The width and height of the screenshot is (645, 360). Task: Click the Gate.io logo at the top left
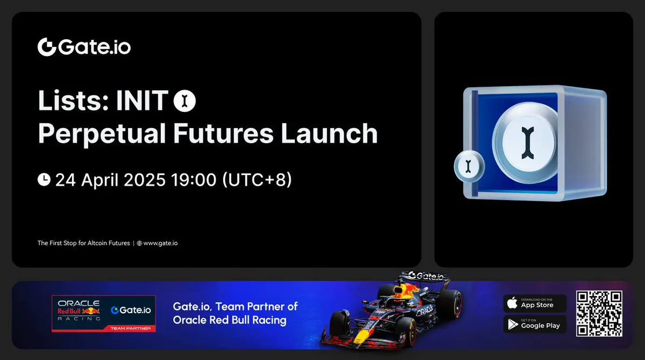(x=84, y=47)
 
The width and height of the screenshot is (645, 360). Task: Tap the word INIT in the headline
(x=143, y=101)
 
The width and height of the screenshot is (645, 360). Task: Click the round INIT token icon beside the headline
(x=185, y=101)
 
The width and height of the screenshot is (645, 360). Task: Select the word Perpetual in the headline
(x=102, y=134)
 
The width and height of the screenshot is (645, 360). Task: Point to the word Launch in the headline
(x=329, y=133)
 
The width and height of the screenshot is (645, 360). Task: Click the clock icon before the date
(x=44, y=179)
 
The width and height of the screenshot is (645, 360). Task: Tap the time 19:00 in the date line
(x=194, y=180)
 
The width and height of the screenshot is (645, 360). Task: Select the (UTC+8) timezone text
(x=257, y=180)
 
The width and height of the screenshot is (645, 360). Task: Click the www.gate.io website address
(x=160, y=243)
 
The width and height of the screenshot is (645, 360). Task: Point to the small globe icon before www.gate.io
(x=139, y=243)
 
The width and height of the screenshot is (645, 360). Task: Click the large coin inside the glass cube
(x=528, y=143)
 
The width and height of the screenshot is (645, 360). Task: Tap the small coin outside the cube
(x=469, y=166)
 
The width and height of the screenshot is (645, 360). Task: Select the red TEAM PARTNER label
(x=130, y=328)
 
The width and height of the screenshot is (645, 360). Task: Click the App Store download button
(x=535, y=303)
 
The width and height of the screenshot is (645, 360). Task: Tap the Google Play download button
(x=535, y=324)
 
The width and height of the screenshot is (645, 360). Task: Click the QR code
(x=599, y=314)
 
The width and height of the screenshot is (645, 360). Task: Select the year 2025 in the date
(x=144, y=180)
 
